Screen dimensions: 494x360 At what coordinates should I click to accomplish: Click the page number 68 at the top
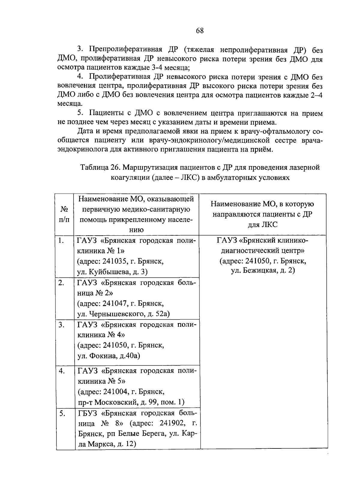200,31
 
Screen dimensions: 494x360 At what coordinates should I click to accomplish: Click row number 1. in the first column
61,241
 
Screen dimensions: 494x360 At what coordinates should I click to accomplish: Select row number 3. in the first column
61,325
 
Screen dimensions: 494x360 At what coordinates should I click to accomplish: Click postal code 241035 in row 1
115,261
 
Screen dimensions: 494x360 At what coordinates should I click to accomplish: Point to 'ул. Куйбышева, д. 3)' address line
112,272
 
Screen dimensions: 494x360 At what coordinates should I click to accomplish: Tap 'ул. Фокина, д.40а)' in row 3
109,356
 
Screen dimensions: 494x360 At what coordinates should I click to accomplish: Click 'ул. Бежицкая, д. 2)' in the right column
263,270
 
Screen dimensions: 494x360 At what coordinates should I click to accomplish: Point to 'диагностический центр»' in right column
262,250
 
